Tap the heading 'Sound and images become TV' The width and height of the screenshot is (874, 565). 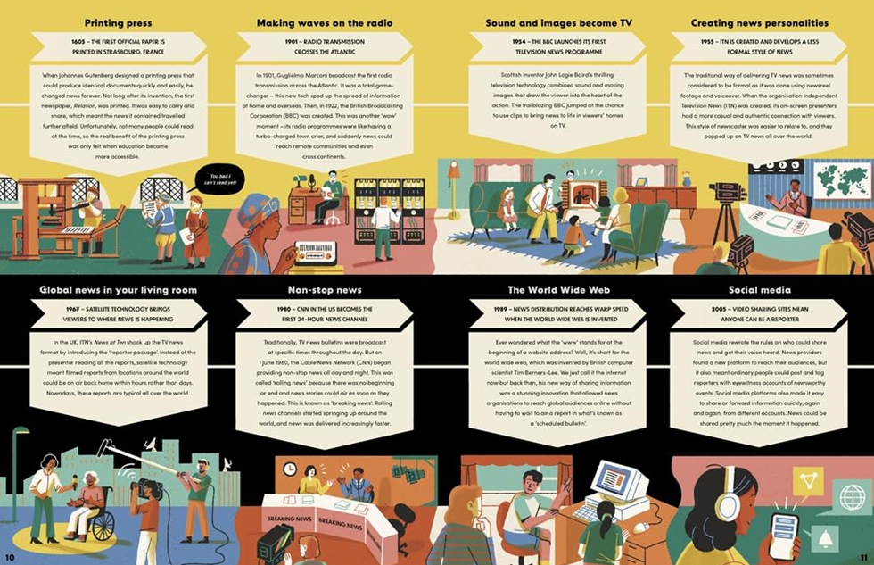click(558, 22)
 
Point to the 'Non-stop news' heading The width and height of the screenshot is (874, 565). click(325, 290)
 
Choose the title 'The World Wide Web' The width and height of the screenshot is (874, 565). click(558, 290)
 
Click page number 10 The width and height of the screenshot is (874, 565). click(11, 557)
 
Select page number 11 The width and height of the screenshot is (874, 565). click(862, 557)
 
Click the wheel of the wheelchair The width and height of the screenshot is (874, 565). click(101, 526)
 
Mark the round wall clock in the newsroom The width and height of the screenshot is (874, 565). click(290, 469)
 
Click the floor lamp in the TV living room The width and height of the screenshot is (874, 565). click(453, 183)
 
